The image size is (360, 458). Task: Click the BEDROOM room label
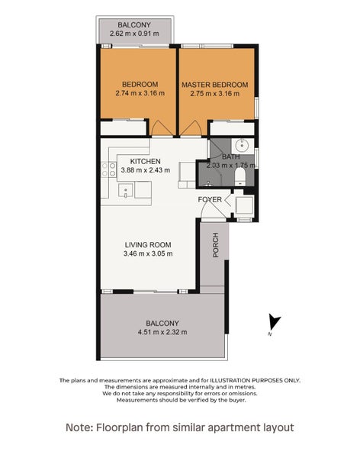(140, 84)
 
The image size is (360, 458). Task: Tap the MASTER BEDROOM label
(214, 84)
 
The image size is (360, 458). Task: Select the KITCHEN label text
(145, 162)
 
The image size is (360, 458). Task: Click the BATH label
(230, 156)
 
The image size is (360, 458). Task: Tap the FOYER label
(210, 200)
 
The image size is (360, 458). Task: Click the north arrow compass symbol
(274, 323)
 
